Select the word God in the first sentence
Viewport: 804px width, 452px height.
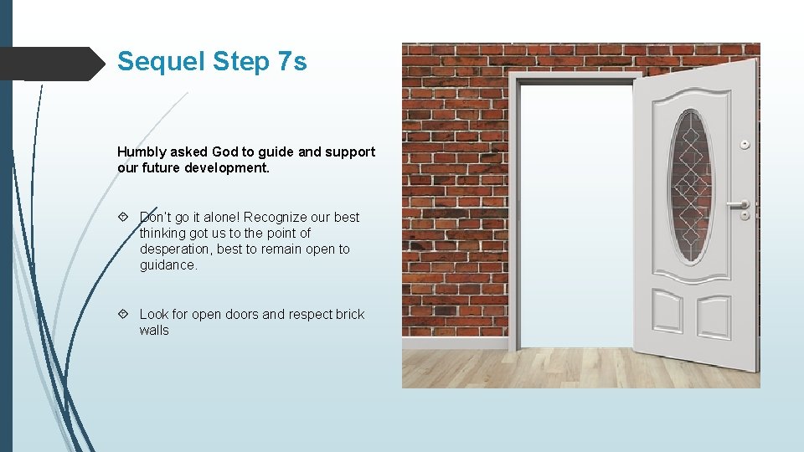click(x=225, y=152)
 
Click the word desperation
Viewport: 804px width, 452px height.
click(x=176, y=249)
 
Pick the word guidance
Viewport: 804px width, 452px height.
click(x=168, y=265)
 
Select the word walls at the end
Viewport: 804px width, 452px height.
click(x=154, y=330)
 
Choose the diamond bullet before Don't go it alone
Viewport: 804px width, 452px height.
click(x=123, y=217)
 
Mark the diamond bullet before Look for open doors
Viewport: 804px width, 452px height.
click(x=123, y=314)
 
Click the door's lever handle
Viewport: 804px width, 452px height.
click(x=738, y=203)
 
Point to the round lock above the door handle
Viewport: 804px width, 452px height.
click(x=744, y=145)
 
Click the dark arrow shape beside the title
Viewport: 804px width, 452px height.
click(x=50, y=64)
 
